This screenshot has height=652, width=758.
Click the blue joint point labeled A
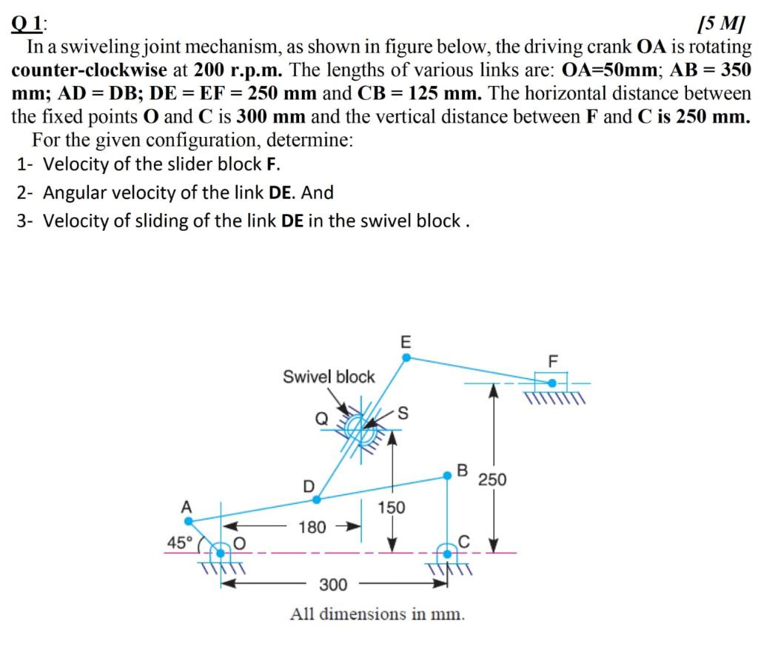188,520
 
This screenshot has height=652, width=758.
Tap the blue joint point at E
406,357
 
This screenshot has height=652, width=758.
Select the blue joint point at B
447,476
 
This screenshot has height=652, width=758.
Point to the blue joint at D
317,499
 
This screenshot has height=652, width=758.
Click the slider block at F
551,383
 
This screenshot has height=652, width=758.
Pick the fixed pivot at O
220,551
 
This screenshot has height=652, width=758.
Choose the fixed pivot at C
447,551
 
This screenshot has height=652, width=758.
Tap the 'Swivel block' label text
329,377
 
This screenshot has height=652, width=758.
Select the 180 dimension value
312,528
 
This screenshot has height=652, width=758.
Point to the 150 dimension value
391,508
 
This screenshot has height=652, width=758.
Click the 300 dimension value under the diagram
333,585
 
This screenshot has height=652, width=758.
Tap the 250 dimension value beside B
492,480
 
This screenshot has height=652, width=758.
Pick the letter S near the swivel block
403,411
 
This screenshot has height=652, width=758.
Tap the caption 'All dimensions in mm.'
378,614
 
